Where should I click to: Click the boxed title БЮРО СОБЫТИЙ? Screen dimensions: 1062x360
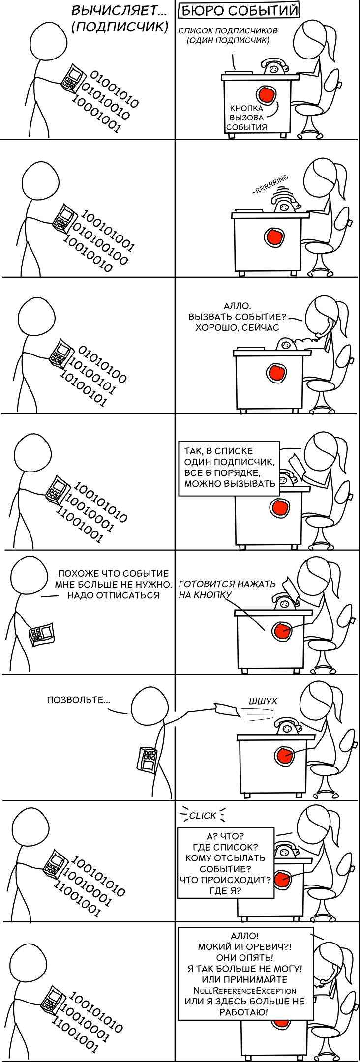coord(240,11)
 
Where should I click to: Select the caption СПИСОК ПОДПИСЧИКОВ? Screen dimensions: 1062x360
coord(228,30)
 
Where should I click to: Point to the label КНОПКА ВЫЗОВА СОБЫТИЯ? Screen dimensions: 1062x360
coord(246,118)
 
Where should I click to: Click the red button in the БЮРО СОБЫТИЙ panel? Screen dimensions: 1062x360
coord(266,94)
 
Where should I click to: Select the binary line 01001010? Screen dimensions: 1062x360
coord(114,89)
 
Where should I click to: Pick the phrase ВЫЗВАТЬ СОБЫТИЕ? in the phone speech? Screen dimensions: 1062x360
coord(237,317)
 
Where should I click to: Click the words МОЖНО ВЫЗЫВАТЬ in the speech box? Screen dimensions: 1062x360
coord(230,483)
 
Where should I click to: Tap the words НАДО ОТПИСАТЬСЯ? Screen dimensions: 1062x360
coord(113,595)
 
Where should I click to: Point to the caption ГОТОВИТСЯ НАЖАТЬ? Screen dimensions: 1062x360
coord(227,584)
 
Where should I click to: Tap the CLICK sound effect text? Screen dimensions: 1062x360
coord(203,816)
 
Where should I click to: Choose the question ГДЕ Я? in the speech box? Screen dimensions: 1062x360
coord(225,890)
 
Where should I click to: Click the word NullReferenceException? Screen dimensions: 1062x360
coord(244,991)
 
